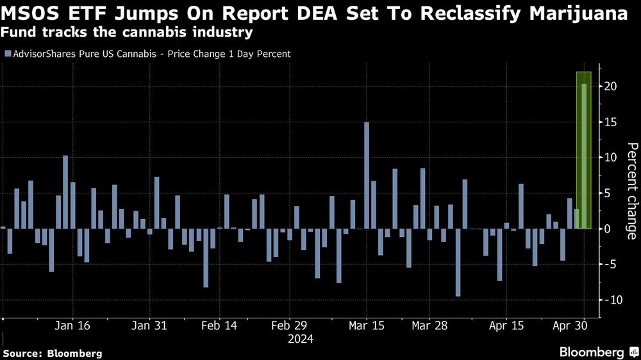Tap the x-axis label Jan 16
tap(72, 325)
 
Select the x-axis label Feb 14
tap(219, 325)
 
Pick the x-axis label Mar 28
tap(429, 325)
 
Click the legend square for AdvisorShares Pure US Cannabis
tap(7, 54)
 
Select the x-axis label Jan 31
tap(149, 325)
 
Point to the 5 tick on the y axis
tap(606, 193)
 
